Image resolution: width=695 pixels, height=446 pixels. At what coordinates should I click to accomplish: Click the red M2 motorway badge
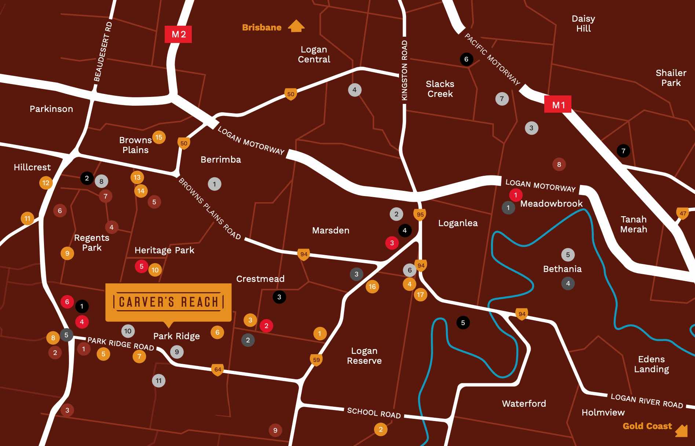(x=178, y=34)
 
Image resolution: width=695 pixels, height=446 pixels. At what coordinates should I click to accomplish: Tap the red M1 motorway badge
(x=558, y=105)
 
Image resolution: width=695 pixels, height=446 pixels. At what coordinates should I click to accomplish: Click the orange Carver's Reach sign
(x=168, y=302)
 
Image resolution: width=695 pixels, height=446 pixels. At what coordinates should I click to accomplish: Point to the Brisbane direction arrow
(x=296, y=26)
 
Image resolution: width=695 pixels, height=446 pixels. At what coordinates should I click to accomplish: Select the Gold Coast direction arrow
(x=681, y=430)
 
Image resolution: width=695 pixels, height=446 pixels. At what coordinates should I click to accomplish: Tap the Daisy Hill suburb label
(x=583, y=23)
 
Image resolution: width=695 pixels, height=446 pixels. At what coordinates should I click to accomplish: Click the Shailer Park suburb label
(x=671, y=78)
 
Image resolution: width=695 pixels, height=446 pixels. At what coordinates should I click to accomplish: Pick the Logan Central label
(x=314, y=54)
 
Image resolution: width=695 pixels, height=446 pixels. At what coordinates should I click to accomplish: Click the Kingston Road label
(x=405, y=70)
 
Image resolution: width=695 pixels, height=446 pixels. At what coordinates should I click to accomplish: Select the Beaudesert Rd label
(x=103, y=51)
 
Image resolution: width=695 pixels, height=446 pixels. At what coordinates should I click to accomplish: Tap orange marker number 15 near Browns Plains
(x=159, y=137)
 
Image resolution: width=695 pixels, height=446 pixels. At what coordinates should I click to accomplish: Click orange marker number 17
(x=420, y=294)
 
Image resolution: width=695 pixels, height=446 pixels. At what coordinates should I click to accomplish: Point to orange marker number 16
(x=372, y=286)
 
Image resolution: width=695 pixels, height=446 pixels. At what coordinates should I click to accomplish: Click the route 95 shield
(x=420, y=214)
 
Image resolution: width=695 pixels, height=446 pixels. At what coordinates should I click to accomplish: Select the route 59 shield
(x=316, y=360)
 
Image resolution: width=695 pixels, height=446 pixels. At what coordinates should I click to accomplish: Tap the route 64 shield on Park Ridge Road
(x=218, y=369)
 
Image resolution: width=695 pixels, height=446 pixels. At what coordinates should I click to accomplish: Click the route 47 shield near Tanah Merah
(x=683, y=213)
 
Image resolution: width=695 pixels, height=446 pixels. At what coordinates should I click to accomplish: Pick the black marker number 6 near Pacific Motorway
(x=466, y=59)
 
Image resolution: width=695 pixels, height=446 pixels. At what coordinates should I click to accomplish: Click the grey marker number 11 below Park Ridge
(x=158, y=381)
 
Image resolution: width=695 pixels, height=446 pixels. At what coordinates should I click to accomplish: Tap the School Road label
(x=374, y=413)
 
